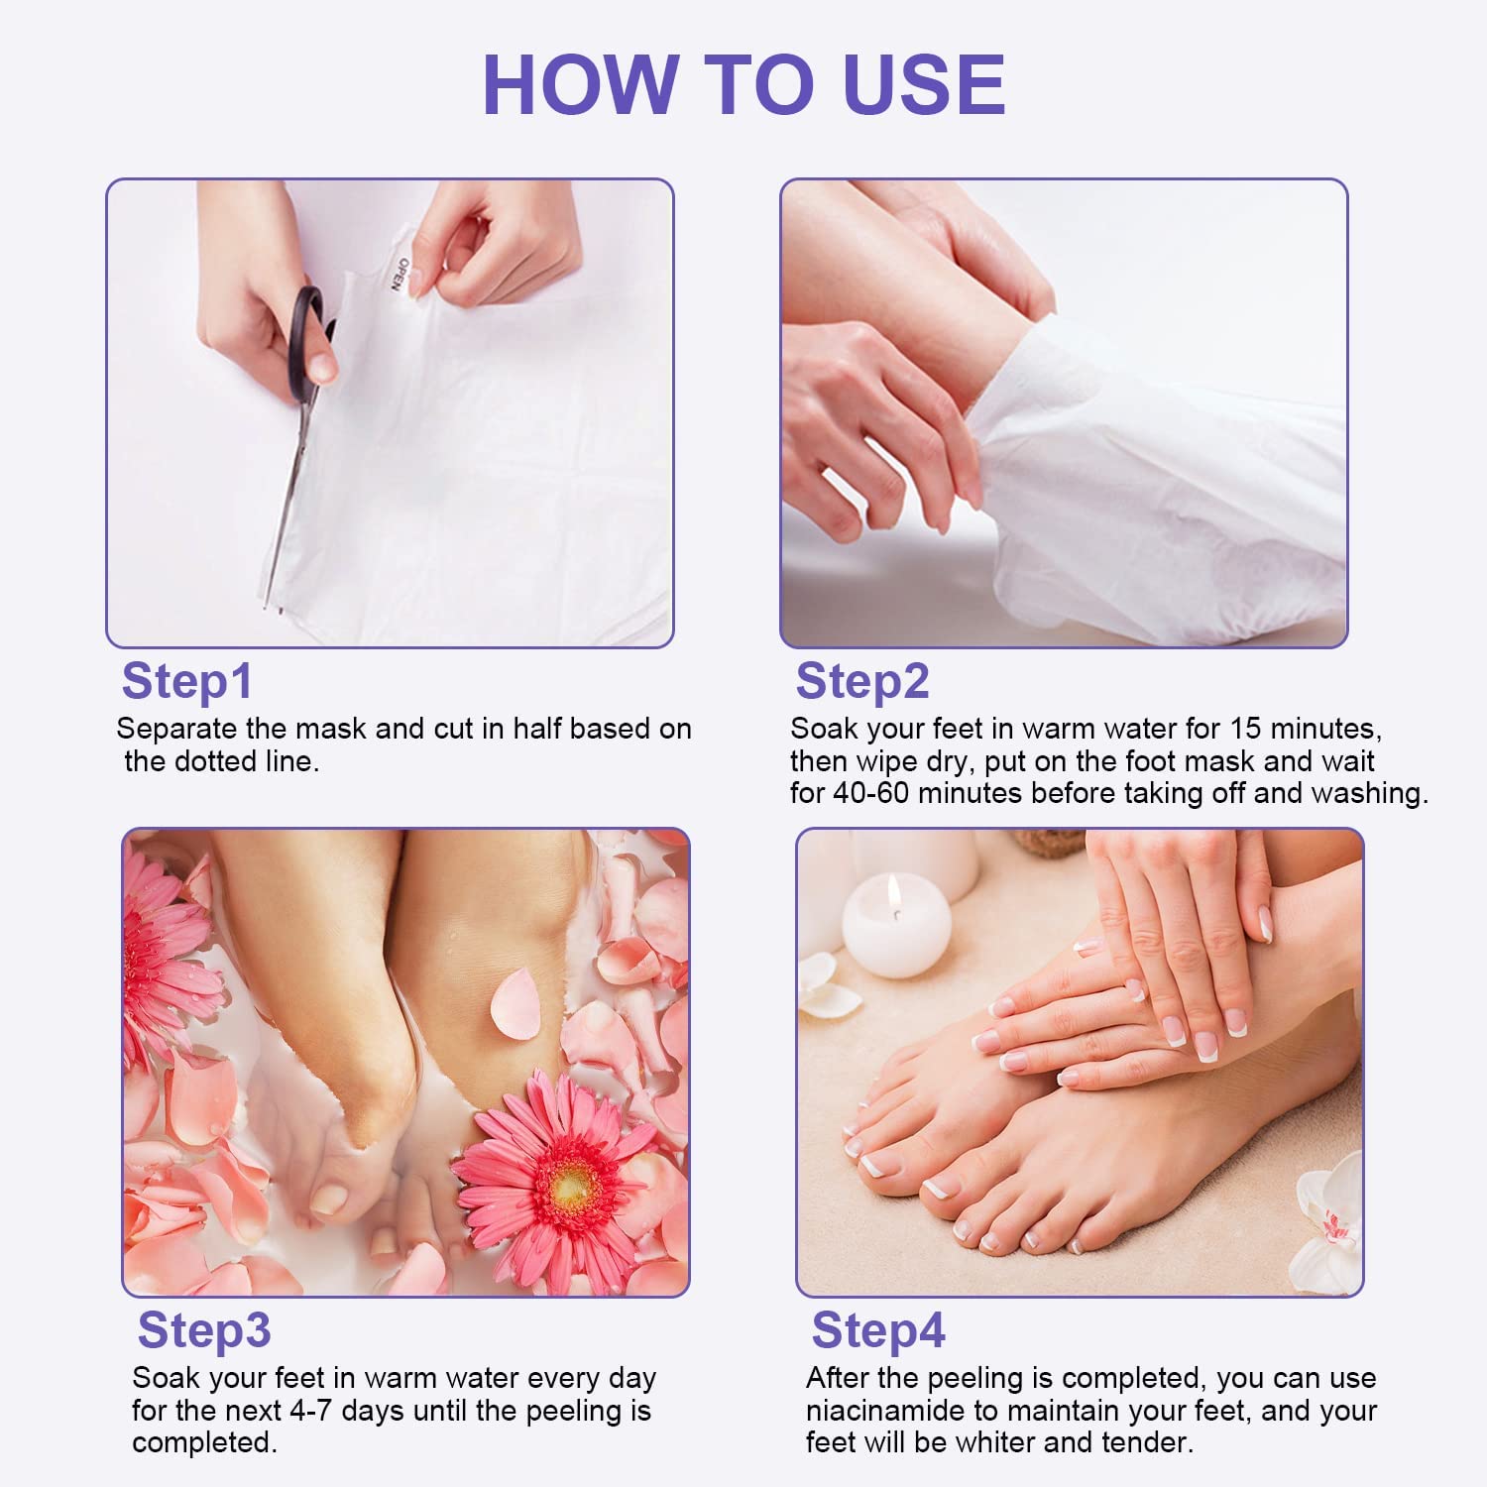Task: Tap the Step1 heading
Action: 186,682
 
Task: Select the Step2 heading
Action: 862,682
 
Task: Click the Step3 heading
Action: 204,1330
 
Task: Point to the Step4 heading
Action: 878,1330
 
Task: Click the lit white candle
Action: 896,926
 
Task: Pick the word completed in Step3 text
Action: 204,1442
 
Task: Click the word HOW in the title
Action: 579,84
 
